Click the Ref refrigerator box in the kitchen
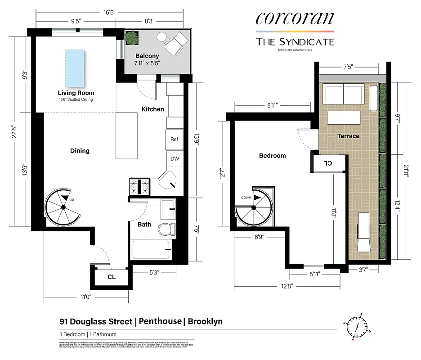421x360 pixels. point(174,139)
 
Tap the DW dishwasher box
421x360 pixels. point(174,158)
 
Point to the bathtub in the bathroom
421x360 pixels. point(150,250)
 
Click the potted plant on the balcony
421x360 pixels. point(131,38)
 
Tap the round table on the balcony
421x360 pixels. point(161,37)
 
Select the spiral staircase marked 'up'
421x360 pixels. point(63,207)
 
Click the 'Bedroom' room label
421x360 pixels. point(273,156)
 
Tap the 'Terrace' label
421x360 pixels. point(349,136)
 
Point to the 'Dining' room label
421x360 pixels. point(80,151)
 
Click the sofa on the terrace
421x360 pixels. point(344,94)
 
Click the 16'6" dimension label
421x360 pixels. point(109,13)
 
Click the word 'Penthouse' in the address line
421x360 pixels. point(161,321)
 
